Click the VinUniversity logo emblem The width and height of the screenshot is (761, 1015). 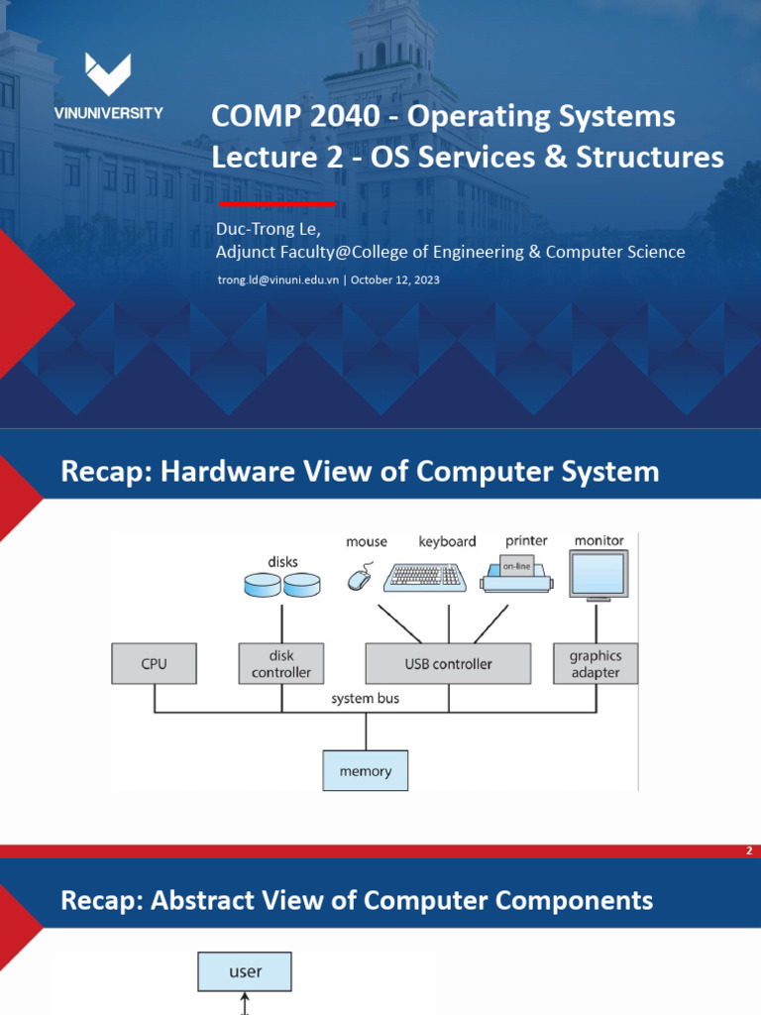click(108, 75)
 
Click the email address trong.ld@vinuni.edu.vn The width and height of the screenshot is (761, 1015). click(278, 281)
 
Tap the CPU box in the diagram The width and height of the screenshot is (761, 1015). click(154, 663)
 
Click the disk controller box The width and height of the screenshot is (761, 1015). click(281, 663)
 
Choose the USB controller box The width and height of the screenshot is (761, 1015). click(448, 663)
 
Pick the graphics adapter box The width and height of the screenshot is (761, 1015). click(595, 663)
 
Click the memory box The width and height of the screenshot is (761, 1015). click(366, 770)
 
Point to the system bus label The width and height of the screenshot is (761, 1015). click(366, 699)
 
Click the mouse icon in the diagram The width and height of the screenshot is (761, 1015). click(359, 578)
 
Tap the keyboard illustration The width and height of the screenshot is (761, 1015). click(425, 576)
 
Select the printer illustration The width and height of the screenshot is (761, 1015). click(516, 574)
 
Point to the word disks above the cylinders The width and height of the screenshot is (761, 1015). click(282, 561)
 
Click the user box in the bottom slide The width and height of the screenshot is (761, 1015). click(245, 971)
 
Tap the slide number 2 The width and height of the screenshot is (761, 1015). click(749, 851)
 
